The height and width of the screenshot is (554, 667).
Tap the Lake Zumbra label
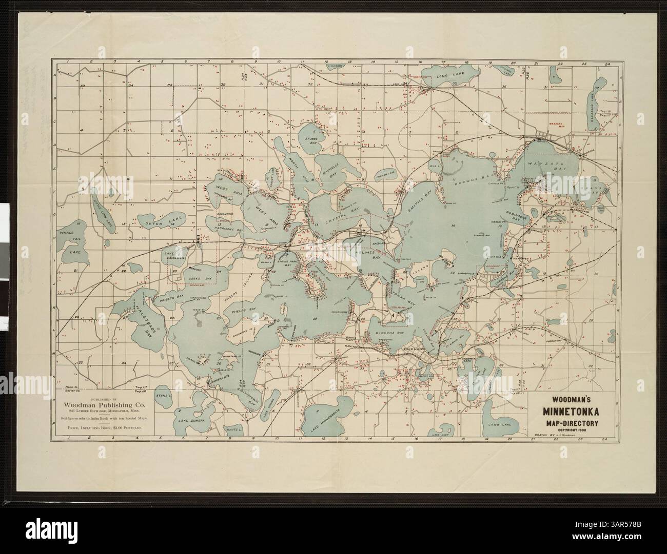point(191,420)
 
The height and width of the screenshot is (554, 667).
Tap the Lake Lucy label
point(440,434)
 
